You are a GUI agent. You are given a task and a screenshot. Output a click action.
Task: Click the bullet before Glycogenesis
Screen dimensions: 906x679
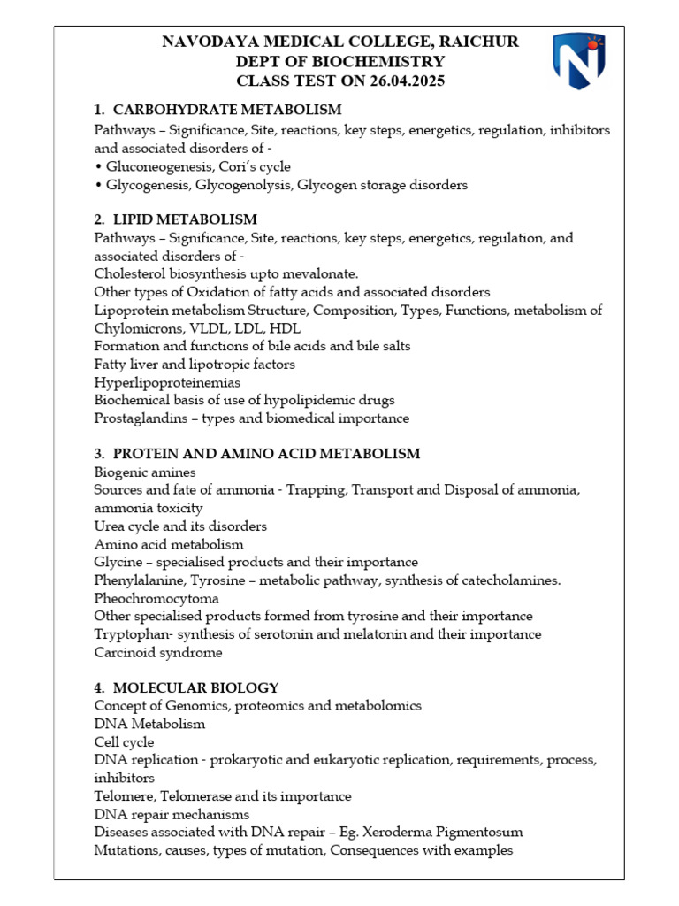click(97, 185)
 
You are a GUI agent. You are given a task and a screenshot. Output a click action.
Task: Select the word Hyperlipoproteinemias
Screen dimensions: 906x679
click(167, 382)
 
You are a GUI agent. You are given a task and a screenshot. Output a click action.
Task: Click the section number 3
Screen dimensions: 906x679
click(99, 454)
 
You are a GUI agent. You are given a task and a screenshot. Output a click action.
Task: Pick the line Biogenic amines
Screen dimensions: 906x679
click(145, 472)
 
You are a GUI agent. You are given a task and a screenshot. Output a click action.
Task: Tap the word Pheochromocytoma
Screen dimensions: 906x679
click(156, 598)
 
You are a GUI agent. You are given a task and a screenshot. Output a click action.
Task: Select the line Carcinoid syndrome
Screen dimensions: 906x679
click(158, 653)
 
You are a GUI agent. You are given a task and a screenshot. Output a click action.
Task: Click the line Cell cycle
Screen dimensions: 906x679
click(125, 742)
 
